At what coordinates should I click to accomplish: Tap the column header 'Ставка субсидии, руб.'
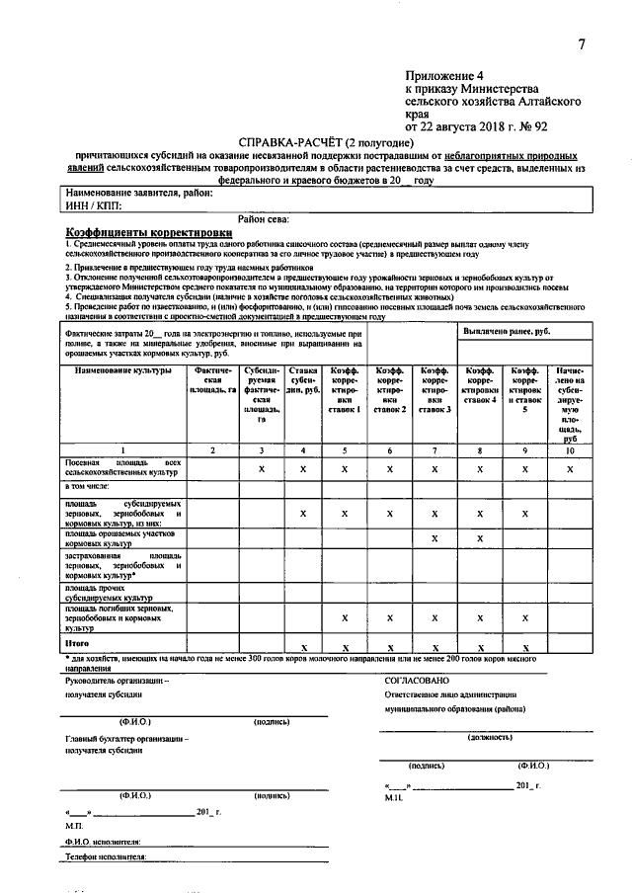(303, 380)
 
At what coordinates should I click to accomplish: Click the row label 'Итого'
(78, 642)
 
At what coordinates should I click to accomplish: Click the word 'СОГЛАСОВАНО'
(417, 680)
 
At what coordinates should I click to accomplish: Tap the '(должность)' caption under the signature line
(490, 737)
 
